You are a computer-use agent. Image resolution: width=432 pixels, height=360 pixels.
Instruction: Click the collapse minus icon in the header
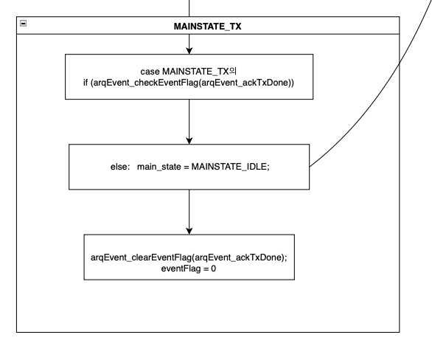pyautogui.click(x=24, y=24)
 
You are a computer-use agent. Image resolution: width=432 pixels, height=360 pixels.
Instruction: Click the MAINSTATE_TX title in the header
pyautogui.click(x=207, y=27)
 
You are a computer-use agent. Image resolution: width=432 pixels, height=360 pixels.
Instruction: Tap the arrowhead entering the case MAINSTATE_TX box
pyautogui.click(x=189, y=51)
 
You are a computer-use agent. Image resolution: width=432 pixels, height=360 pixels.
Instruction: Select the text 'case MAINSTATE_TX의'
pyautogui.click(x=189, y=72)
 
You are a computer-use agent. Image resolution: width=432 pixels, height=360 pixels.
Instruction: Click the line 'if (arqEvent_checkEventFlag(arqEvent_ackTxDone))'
pyautogui.click(x=189, y=83)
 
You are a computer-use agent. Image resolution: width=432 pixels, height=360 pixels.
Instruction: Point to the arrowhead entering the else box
pyautogui.click(x=189, y=141)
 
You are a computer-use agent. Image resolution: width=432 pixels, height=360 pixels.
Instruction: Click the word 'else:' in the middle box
pyautogui.click(x=120, y=167)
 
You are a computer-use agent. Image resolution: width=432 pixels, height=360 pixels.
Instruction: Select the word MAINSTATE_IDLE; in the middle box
pyautogui.click(x=230, y=167)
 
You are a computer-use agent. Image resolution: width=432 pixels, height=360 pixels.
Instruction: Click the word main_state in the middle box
pyautogui.click(x=159, y=167)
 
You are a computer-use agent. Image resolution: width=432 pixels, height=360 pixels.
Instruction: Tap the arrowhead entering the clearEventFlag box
pyautogui.click(x=189, y=231)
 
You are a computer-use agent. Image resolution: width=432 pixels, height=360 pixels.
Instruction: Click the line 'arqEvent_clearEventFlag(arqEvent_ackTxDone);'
pyautogui.click(x=189, y=257)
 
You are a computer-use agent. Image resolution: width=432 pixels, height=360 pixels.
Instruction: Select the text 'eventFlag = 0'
pyautogui.click(x=189, y=269)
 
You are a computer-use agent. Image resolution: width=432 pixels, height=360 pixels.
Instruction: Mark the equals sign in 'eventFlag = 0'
pyautogui.click(x=206, y=269)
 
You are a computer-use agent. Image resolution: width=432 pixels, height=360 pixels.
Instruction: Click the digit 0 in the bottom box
pyautogui.click(x=214, y=269)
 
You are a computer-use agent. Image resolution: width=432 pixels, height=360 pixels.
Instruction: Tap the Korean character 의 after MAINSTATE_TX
pyautogui.click(x=233, y=71)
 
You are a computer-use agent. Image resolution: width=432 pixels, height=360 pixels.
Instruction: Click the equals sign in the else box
pyautogui.click(x=187, y=167)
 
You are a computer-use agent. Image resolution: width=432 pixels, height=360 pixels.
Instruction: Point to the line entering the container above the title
pyautogui.click(x=189, y=8)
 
